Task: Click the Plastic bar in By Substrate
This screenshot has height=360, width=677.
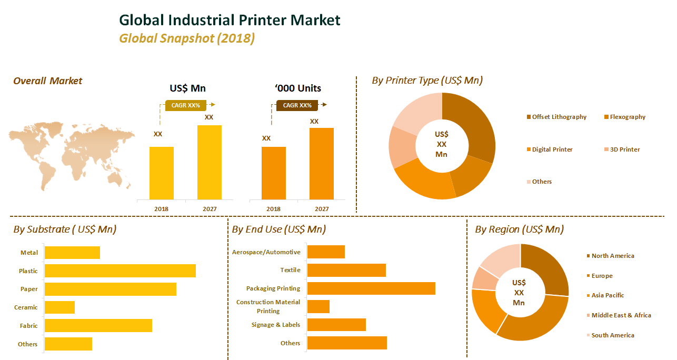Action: (120, 271)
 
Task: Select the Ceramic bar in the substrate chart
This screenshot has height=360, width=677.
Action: (59, 307)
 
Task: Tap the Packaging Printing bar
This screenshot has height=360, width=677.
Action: (371, 288)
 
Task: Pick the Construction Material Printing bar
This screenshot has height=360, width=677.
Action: (318, 306)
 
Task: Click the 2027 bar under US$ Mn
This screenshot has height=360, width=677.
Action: (210, 163)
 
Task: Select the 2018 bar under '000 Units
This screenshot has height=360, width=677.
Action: (274, 173)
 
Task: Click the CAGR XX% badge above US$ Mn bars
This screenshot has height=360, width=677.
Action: (186, 105)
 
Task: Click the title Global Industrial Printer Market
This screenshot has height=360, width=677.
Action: (230, 20)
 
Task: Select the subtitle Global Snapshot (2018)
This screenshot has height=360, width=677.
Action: (187, 38)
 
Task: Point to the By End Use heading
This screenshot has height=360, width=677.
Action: (278, 229)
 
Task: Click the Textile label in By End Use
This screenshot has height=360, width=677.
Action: (290, 270)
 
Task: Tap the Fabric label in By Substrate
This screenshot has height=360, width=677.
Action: (29, 326)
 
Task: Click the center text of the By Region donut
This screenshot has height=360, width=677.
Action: (519, 293)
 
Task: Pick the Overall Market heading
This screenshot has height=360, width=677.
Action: (48, 81)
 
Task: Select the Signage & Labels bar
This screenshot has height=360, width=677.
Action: (336, 325)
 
